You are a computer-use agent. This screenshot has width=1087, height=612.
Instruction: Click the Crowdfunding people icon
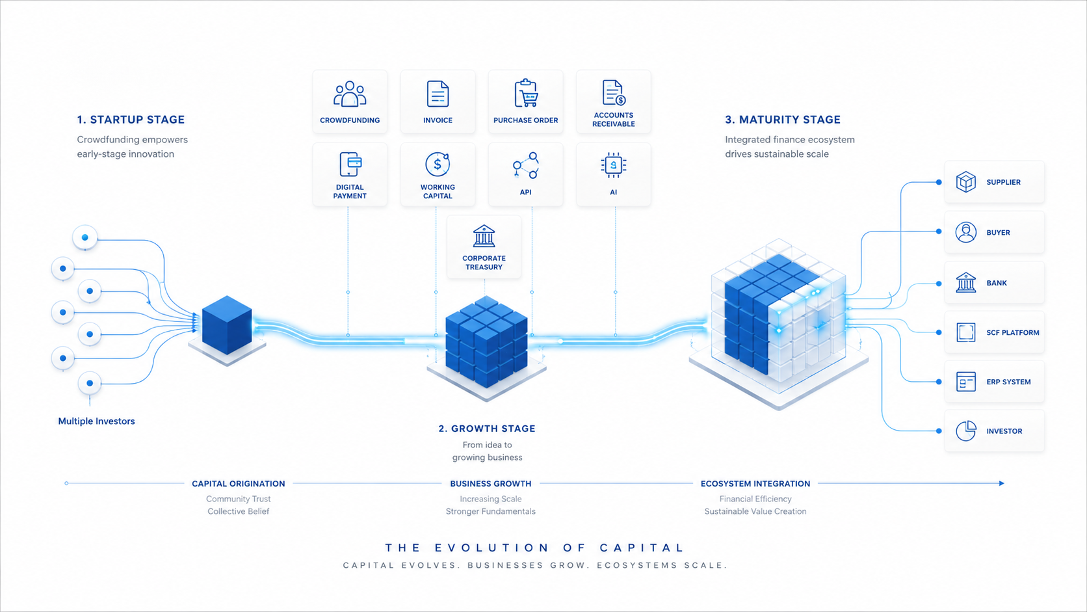pos(349,94)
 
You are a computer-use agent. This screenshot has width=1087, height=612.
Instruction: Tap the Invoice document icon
pos(438,94)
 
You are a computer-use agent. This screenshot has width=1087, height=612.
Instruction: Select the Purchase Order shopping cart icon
pos(525,93)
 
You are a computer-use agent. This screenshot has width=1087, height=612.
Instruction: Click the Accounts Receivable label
pos(613,120)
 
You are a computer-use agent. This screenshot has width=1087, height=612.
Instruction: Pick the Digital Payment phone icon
pos(350,164)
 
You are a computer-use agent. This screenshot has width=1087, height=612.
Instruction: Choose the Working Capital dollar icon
pos(438,164)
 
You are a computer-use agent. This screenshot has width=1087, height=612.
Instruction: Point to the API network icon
pos(525,165)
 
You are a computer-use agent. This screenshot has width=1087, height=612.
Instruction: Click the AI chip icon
pos(613,165)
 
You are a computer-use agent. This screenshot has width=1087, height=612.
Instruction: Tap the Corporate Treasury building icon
pos(484,236)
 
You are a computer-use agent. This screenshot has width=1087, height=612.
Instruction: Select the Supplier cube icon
pos(965,182)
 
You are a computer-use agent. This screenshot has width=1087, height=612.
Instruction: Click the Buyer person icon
pos(965,232)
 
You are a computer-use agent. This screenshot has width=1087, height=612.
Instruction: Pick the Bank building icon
pos(965,282)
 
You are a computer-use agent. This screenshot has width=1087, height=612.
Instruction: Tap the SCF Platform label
pos(1013,332)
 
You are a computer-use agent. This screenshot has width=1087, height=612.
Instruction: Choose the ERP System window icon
pos(965,382)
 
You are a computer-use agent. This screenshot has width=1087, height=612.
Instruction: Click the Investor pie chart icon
pos(965,431)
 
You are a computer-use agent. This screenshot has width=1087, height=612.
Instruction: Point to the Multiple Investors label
pos(97,421)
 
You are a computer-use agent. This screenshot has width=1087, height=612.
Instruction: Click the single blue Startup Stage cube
pos(227,325)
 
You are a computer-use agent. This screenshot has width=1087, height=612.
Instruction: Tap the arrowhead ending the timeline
pos(1002,483)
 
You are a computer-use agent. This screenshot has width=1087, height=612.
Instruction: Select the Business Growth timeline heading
pos(491,484)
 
